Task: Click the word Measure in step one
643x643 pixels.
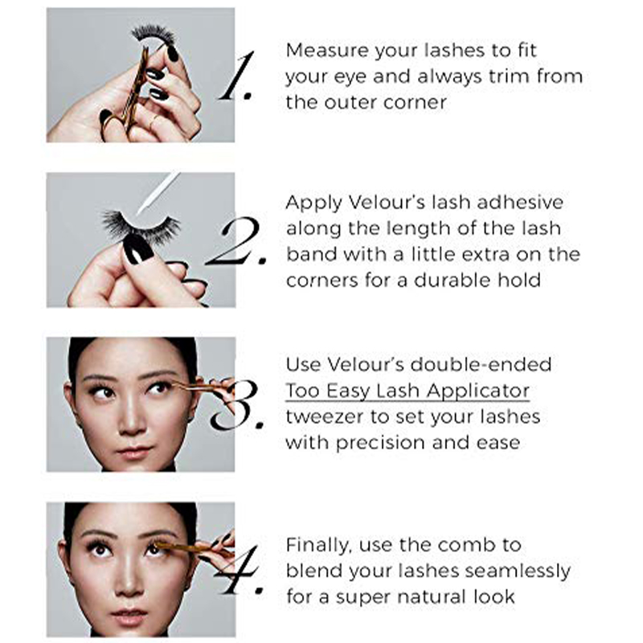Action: tap(321, 50)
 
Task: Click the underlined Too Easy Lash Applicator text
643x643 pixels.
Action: tap(408, 391)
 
